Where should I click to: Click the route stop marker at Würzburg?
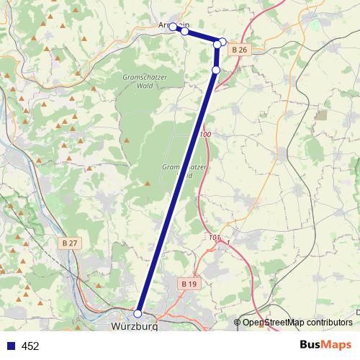pos(138,313)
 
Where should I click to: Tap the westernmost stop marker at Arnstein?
pos(174,27)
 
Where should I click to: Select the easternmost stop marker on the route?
pos(223,42)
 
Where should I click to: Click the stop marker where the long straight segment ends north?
pos(216,70)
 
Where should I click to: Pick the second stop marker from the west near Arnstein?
pos(185,31)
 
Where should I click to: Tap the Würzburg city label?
pos(135,327)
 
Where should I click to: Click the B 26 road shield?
pos(240,50)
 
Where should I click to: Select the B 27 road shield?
pos(70,243)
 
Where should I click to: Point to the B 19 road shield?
pos(189,284)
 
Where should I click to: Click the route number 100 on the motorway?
pos(206,135)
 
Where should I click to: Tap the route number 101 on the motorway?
pos(214,237)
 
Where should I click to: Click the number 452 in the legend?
pos(30,346)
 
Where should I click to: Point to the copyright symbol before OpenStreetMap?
pos(238,322)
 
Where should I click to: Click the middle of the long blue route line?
pos(177,192)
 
